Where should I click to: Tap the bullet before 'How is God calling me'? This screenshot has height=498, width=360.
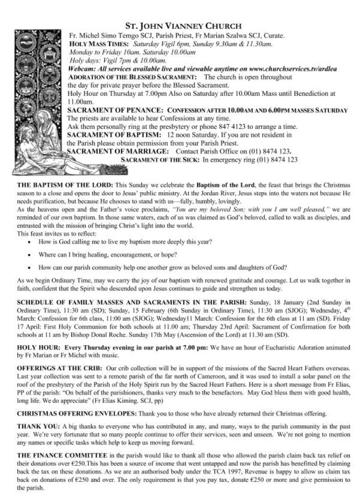click(x=29, y=241)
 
